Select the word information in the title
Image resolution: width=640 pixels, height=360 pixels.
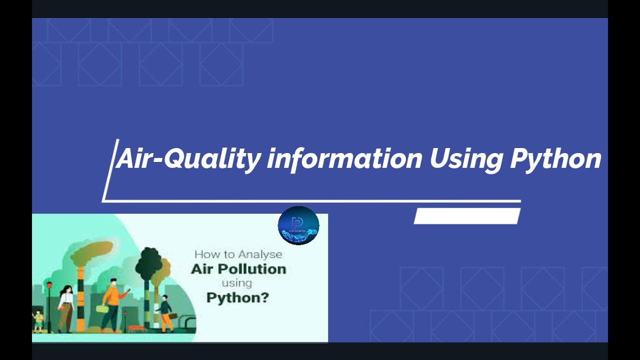(344, 159)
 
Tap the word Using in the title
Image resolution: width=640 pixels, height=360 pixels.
(466, 159)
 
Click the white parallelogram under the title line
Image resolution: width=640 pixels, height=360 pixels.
(467, 216)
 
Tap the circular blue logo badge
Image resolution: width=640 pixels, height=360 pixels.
(298, 225)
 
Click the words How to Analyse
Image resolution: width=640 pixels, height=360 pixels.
(238, 254)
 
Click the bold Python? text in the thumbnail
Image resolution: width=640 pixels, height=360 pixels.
(237, 298)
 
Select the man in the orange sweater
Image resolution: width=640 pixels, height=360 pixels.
(112, 300)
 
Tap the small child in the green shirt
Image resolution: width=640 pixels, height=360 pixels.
(38, 320)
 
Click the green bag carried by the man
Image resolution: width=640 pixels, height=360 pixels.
(102, 309)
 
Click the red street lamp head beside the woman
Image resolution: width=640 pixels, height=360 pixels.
(49, 285)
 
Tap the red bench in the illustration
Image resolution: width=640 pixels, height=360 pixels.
(135, 328)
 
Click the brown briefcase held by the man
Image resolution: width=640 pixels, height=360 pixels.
(173, 315)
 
